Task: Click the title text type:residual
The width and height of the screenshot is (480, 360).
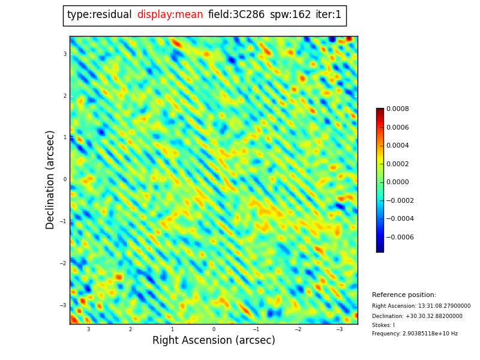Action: (99, 15)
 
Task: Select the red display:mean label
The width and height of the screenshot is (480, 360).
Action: (170, 15)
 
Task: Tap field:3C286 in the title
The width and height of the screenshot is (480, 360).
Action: (236, 15)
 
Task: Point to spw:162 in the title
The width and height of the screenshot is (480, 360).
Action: (290, 15)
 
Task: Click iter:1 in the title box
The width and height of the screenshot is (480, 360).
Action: (328, 15)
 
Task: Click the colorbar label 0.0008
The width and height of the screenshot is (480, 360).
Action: (397, 109)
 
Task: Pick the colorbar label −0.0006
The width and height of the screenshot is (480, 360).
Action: (400, 237)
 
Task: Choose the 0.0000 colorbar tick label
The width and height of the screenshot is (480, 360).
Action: (397, 182)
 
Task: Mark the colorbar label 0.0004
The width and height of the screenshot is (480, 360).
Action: (397, 146)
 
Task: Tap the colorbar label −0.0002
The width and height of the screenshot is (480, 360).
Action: (400, 200)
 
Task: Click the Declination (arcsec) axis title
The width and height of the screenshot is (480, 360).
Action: (51, 179)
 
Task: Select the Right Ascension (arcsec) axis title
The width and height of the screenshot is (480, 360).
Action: (214, 341)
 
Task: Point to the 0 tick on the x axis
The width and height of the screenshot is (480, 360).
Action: (214, 329)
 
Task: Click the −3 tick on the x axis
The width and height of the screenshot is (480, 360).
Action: (339, 329)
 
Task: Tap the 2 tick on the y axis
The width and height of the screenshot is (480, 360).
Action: (65, 96)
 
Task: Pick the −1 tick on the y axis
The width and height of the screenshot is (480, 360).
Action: (63, 221)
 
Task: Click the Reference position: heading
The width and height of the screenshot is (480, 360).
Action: (404, 295)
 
